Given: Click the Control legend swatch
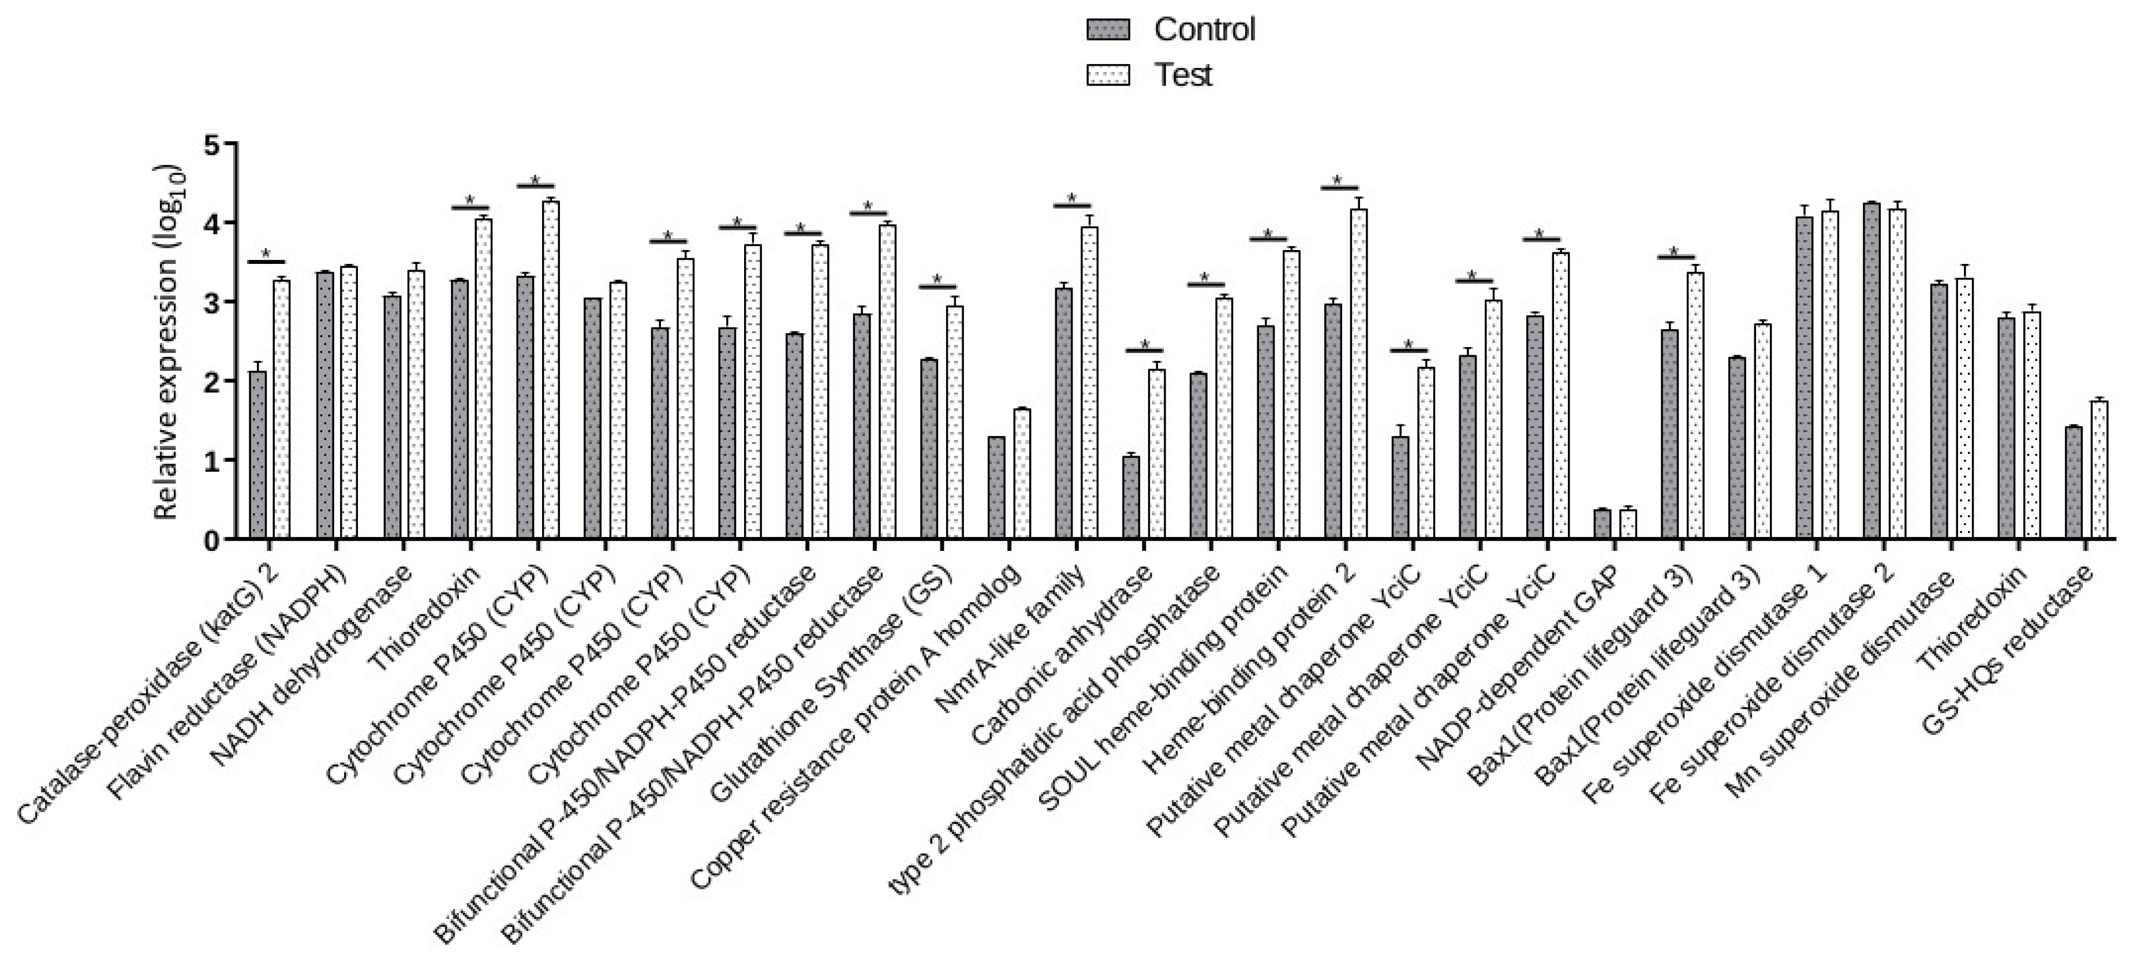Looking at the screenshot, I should pyautogui.click(x=1107, y=31).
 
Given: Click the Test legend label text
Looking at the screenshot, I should pyautogui.click(x=1183, y=75).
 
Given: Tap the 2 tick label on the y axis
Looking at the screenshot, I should pyautogui.click(x=212, y=382).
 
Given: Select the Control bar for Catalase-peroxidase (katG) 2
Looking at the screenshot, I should pyautogui.click(x=257, y=456).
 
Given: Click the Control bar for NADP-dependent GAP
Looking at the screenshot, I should pyautogui.click(x=1602, y=524).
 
